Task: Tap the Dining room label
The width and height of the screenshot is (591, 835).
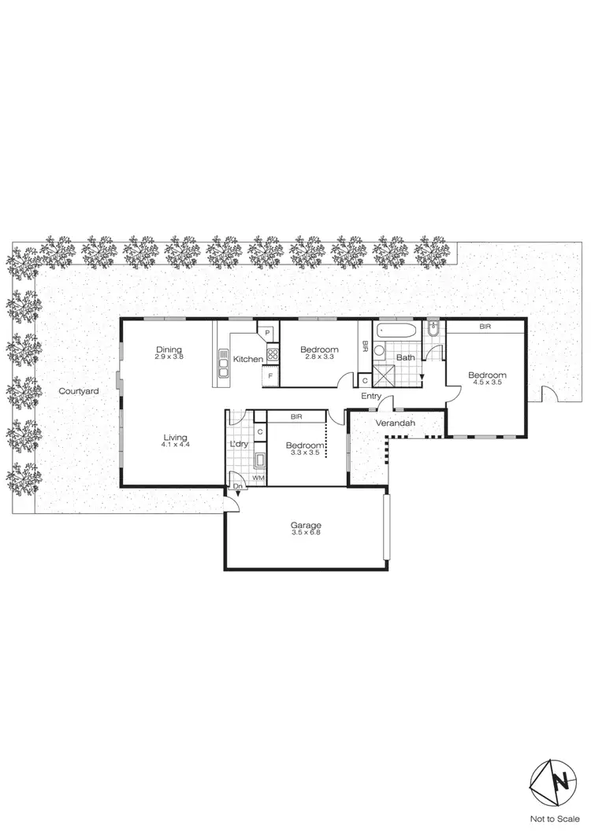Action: pyautogui.click(x=169, y=350)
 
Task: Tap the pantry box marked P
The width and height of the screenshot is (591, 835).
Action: pyautogui.click(x=268, y=333)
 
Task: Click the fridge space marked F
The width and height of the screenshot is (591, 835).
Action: pyautogui.click(x=270, y=376)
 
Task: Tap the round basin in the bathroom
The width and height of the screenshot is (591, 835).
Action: pyautogui.click(x=379, y=351)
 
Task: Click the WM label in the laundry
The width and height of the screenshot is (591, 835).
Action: pyautogui.click(x=257, y=478)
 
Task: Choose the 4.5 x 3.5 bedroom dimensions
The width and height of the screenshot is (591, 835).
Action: pyautogui.click(x=486, y=384)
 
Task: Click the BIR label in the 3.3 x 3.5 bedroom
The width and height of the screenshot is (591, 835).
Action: pyautogui.click(x=296, y=416)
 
